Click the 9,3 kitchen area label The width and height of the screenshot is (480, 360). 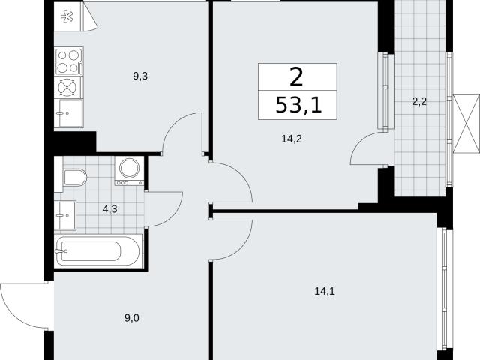pos(140,76)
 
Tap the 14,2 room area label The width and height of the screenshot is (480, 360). pos(292,139)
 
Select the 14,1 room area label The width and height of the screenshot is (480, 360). pos(325,291)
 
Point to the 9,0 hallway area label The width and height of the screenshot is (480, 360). pos(132,318)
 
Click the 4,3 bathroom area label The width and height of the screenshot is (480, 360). pos(110,210)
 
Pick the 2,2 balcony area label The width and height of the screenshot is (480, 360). pos(419,101)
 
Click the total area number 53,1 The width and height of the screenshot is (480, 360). pos(298,105)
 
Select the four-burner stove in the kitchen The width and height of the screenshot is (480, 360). pos(69,61)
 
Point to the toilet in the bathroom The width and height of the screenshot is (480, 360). pos(74,178)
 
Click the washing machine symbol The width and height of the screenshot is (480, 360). pos(129,171)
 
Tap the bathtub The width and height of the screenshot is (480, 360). pos(98,252)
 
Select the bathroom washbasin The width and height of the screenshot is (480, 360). pos(66,215)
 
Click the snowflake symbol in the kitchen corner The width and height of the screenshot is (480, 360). pos(67,16)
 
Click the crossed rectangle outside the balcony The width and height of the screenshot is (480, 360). pos(466,124)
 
